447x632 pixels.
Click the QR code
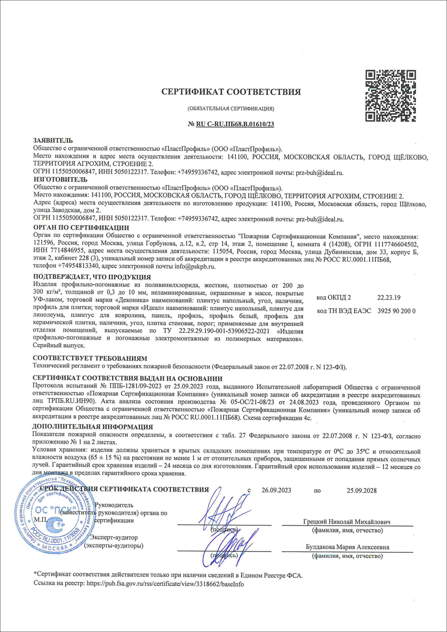coord(390,96)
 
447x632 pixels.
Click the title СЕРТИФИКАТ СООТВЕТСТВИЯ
coord(231,92)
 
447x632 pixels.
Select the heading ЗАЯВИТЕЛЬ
coord(53,141)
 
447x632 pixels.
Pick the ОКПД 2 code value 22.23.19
coord(389,297)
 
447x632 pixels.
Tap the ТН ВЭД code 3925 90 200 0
coord(396,311)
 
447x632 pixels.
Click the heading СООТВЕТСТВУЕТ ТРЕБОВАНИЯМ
coord(90,359)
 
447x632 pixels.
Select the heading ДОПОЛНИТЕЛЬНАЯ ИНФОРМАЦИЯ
coord(92,427)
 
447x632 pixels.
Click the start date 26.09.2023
coord(276,490)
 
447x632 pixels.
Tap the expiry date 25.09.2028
coord(362,490)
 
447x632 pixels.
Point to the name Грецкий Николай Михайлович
coord(347,522)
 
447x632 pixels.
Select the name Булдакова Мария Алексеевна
coord(347,547)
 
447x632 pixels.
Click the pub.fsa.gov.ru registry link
coord(165,584)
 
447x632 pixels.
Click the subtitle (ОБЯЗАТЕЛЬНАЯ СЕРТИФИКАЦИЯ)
coord(231,109)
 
